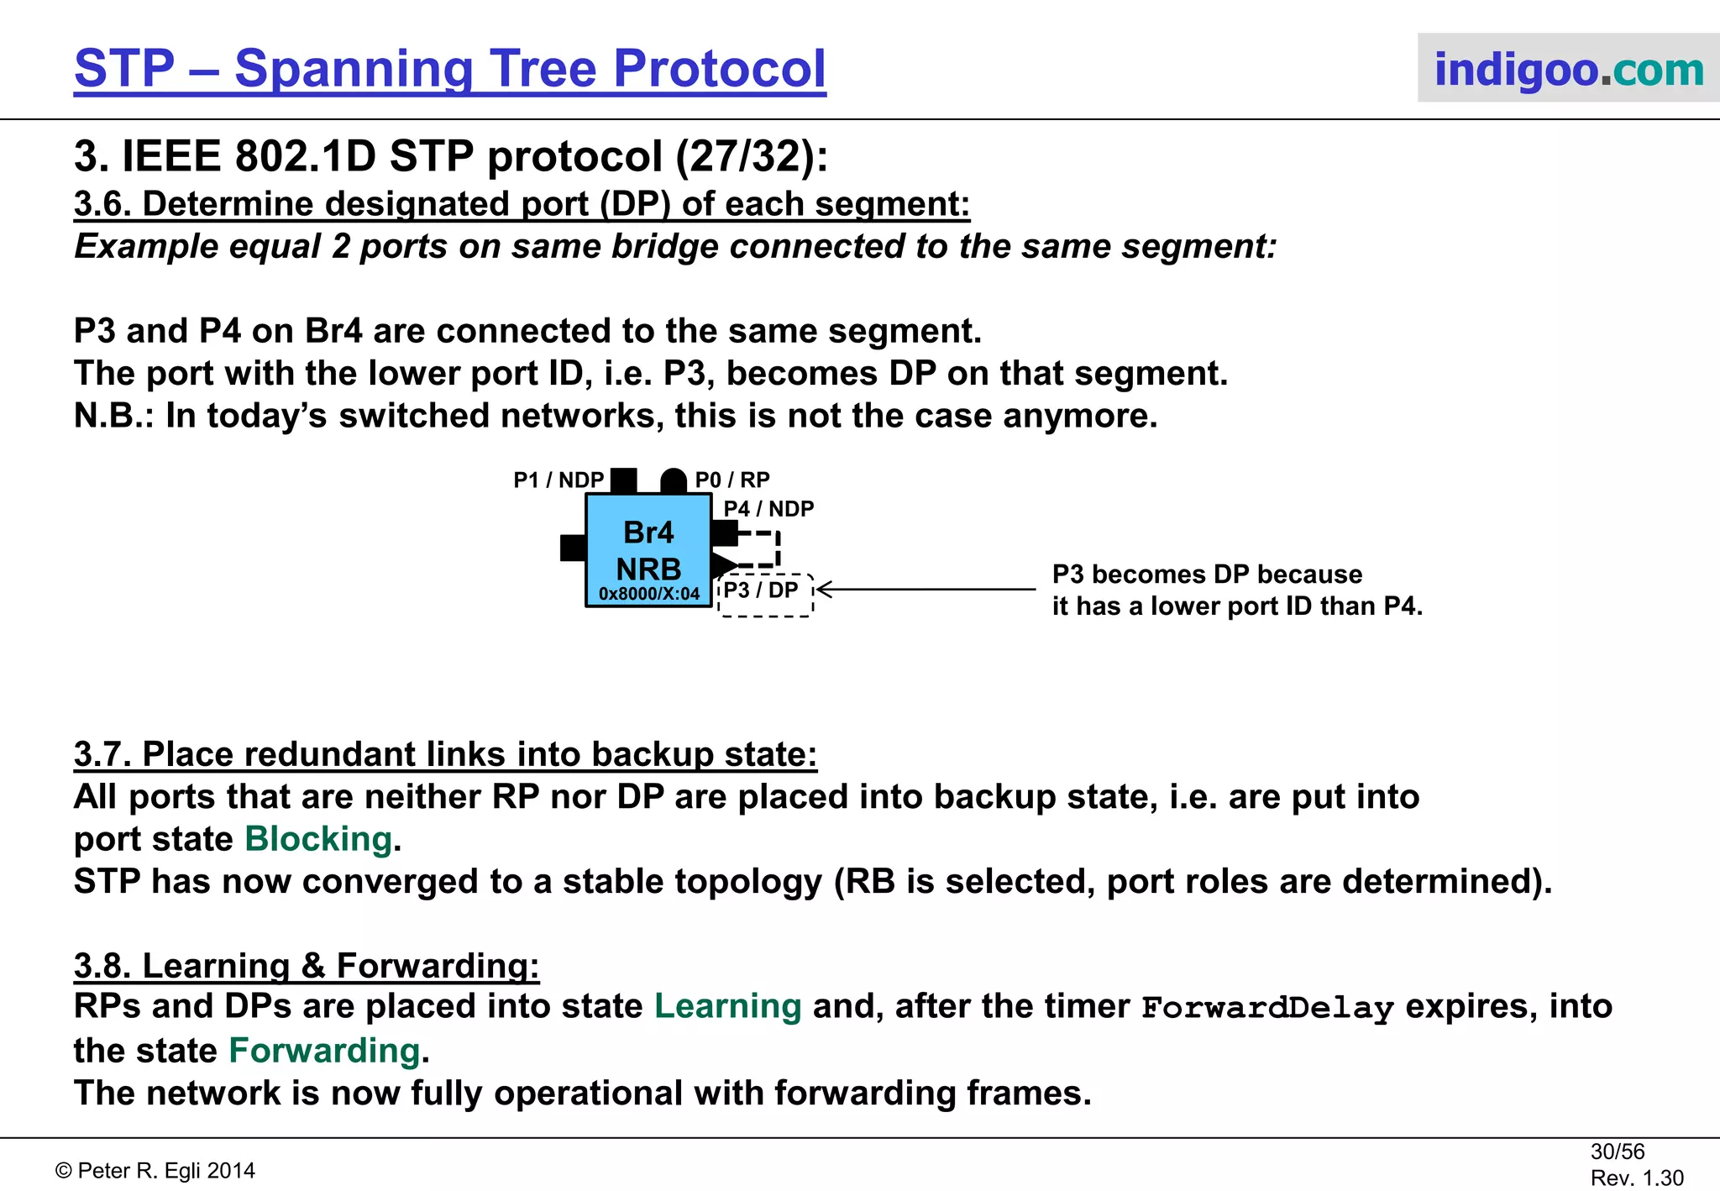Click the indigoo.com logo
click(1567, 69)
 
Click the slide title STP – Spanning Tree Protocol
click(450, 69)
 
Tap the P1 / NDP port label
click(558, 480)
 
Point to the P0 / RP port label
click(732, 480)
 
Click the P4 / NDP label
click(768, 509)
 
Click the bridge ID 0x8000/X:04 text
click(648, 594)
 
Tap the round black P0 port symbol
click(674, 482)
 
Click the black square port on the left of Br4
click(573, 548)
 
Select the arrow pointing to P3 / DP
click(924, 590)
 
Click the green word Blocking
click(318, 839)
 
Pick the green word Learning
click(727, 1006)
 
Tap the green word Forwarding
click(324, 1051)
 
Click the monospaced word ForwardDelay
click(1267, 1007)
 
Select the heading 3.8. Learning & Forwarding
click(307, 966)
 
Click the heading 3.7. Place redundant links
click(445, 754)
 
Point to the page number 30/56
click(1617, 1152)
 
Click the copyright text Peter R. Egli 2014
click(155, 1171)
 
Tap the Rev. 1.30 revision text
click(1636, 1178)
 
